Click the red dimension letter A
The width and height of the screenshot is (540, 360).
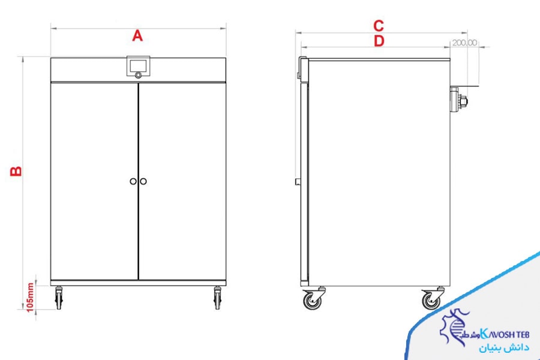coord(137,36)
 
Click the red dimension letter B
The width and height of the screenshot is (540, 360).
coord(16,171)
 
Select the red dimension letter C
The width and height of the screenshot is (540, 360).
coord(379,26)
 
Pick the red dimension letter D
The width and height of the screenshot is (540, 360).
coord(379,41)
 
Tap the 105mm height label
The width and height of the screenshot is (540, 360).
coord(31,298)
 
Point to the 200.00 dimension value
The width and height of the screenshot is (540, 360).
coord(464,43)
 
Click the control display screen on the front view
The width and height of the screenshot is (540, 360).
coord(139,65)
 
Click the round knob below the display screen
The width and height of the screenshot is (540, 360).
coord(138,75)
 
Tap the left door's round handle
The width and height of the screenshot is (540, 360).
coord(133,181)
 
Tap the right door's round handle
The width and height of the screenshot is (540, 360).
coord(143,181)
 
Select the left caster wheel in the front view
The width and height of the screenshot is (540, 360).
coord(59,298)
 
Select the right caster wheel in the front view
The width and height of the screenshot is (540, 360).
coord(217,298)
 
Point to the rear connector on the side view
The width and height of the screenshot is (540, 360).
coord(458,100)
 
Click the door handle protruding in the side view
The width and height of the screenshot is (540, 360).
coord(298,182)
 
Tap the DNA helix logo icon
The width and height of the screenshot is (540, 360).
coord(452,326)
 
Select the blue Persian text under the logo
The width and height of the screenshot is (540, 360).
coord(503,347)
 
